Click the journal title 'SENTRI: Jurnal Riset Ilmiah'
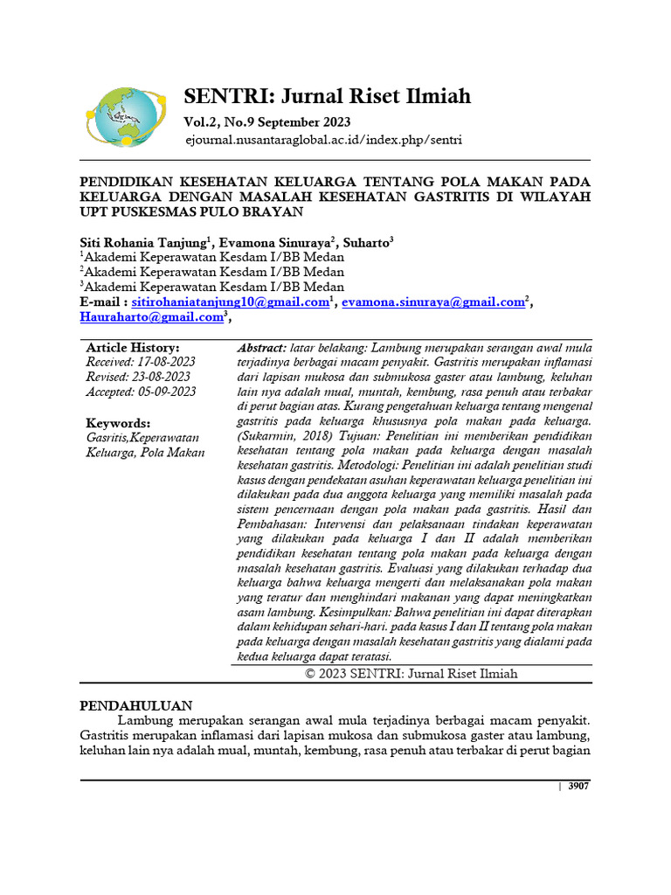point(327,95)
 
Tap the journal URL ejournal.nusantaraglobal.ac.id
point(323,140)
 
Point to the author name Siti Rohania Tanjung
point(143,242)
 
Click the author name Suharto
point(365,242)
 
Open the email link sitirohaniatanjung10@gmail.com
point(230,302)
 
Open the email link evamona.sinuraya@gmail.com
point(432,302)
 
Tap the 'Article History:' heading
point(133,347)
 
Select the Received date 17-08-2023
point(165,362)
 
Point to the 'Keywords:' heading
point(118,422)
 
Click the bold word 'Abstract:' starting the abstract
point(261,347)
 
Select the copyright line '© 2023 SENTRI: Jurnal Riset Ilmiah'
point(412,673)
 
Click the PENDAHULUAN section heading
point(136,705)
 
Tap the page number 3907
point(578,787)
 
